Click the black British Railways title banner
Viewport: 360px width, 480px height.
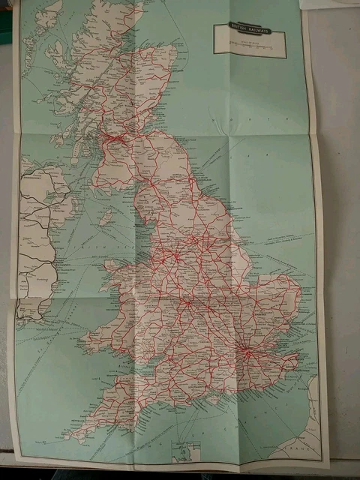tap(242, 29)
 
